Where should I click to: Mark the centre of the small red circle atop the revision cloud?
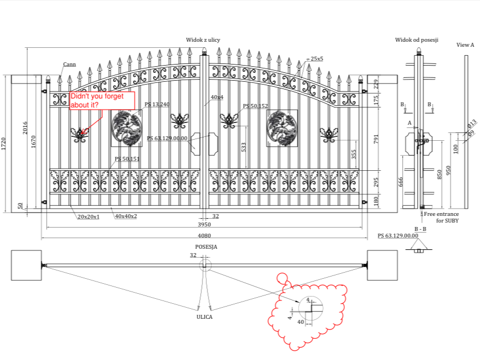[282, 278]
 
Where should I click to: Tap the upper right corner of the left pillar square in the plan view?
[42, 250]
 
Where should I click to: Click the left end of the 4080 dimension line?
[42, 238]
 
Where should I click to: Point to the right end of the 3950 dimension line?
[363, 228]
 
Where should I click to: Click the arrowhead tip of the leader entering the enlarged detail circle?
[299, 303]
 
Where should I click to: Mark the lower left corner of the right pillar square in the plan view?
[367, 280]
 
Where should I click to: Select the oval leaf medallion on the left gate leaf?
[127, 128]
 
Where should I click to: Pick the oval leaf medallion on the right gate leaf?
[281, 128]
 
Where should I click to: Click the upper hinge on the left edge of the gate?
[44, 91]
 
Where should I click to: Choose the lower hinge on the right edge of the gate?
[364, 202]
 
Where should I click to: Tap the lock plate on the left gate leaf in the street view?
[196, 144]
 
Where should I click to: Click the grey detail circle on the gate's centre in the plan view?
[205, 265]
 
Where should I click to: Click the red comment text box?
[102, 100]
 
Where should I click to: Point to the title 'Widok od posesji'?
[417, 40]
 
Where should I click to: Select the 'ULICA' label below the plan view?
[205, 317]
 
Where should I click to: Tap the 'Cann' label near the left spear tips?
[70, 65]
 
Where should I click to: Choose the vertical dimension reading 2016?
[25, 127]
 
